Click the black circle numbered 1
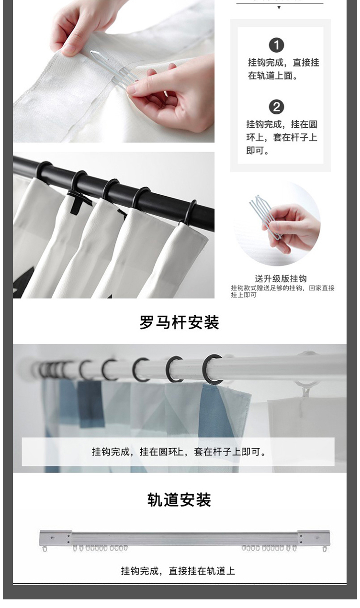tap(277, 45)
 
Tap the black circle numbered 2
tap(277, 107)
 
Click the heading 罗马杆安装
tap(180, 322)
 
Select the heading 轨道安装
tap(180, 500)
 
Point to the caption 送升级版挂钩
tap(281, 278)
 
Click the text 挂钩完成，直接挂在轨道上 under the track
tap(178, 571)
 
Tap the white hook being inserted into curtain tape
tap(114, 69)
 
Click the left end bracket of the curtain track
tap(56, 538)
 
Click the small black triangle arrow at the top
tap(279, 8)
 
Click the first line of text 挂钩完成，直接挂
tap(283, 63)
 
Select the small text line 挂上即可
tap(244, 295)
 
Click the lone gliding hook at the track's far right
tap(324, 549)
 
